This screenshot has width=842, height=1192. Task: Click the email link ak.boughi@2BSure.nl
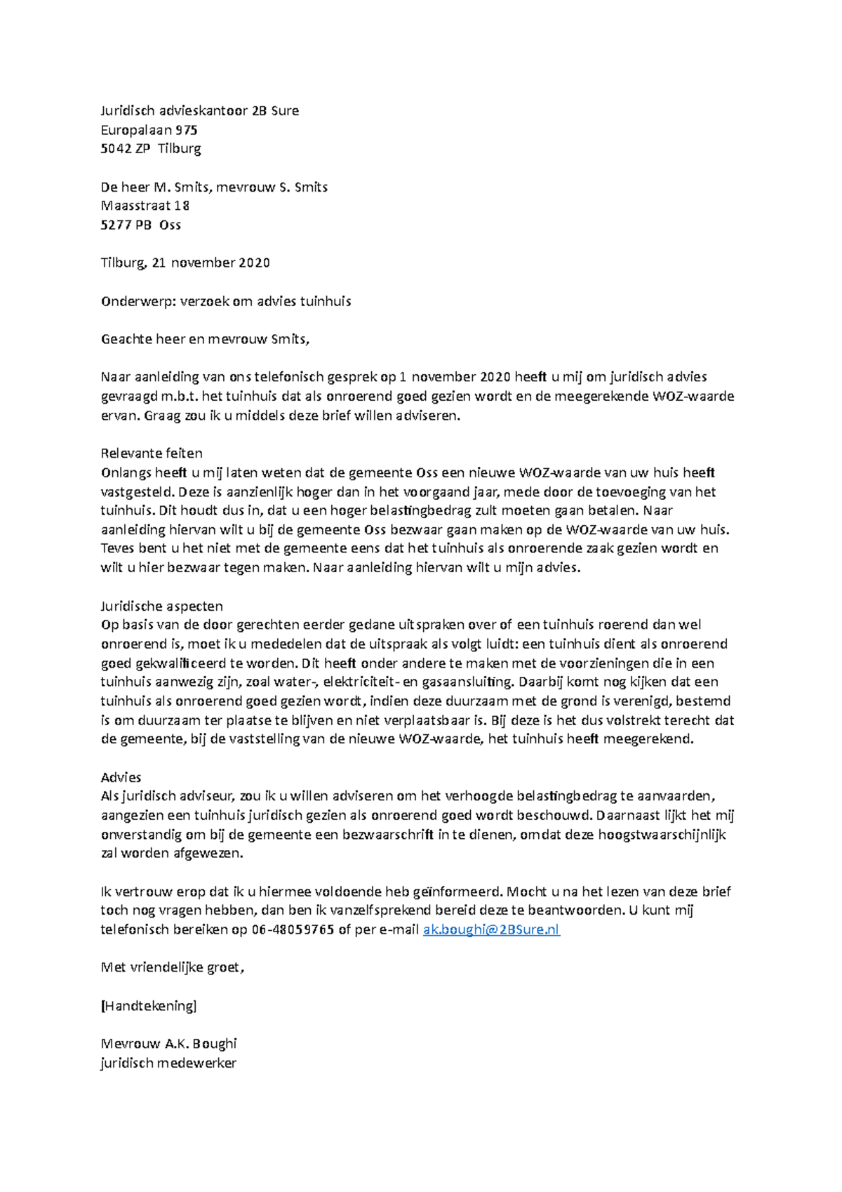point(491,929)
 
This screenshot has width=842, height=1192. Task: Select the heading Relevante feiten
point(152,453)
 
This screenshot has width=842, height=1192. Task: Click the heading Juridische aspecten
point(161,606)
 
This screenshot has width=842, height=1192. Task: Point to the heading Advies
point(121,777)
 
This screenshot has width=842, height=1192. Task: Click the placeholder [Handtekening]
point(149,1005)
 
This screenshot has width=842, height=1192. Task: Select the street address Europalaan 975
point(149,130)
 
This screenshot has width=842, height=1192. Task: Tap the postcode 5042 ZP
point(125,149)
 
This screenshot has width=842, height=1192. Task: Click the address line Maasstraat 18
point(145,206)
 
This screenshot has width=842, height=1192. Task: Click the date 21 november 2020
point(210,263)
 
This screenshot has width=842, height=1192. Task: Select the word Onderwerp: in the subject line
point(138,301)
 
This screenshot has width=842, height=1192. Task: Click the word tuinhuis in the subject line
point(326,301)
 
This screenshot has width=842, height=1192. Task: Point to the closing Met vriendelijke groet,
point(173,967)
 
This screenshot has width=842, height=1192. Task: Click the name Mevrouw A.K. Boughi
point(168,1043)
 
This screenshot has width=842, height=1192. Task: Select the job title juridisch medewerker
point(168,1063)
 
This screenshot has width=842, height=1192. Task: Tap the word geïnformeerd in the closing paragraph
point(457,892)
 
